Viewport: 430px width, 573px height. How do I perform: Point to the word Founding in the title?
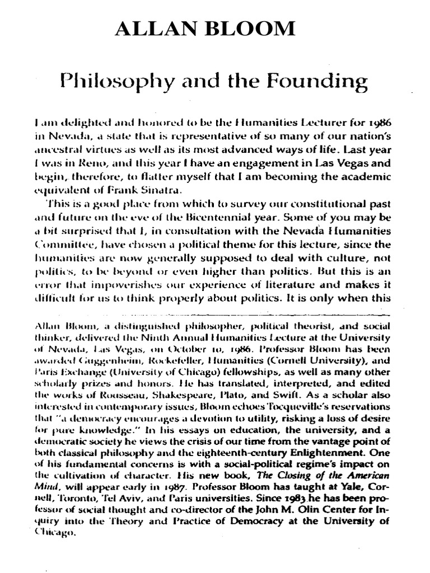(322, 83)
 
